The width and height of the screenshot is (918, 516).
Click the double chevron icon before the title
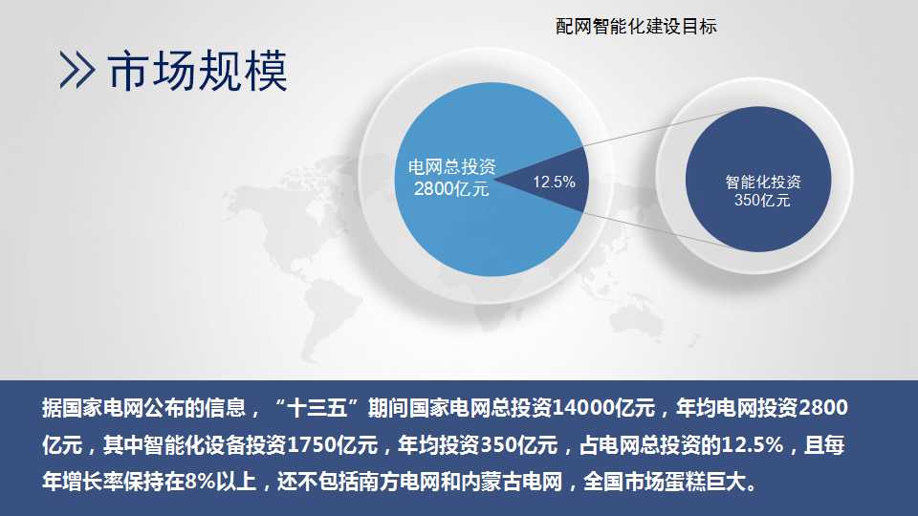[76, 70]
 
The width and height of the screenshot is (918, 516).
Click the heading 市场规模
[197, 70]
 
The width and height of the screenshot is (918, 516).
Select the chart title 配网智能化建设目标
[636, 27]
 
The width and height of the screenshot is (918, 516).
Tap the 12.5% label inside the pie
[554, 182]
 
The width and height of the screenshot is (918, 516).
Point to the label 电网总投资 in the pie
[451, 166]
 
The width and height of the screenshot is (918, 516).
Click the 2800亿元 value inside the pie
[451, 188]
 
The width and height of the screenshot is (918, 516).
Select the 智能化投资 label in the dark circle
[763, 182]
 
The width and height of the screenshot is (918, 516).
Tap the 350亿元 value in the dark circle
[762, 200]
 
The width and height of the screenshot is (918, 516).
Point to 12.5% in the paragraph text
[753, 445]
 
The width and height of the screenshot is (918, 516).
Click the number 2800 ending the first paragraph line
[823, 408]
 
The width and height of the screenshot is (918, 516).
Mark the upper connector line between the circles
[660, 126]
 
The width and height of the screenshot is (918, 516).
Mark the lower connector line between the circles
[660, 231]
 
